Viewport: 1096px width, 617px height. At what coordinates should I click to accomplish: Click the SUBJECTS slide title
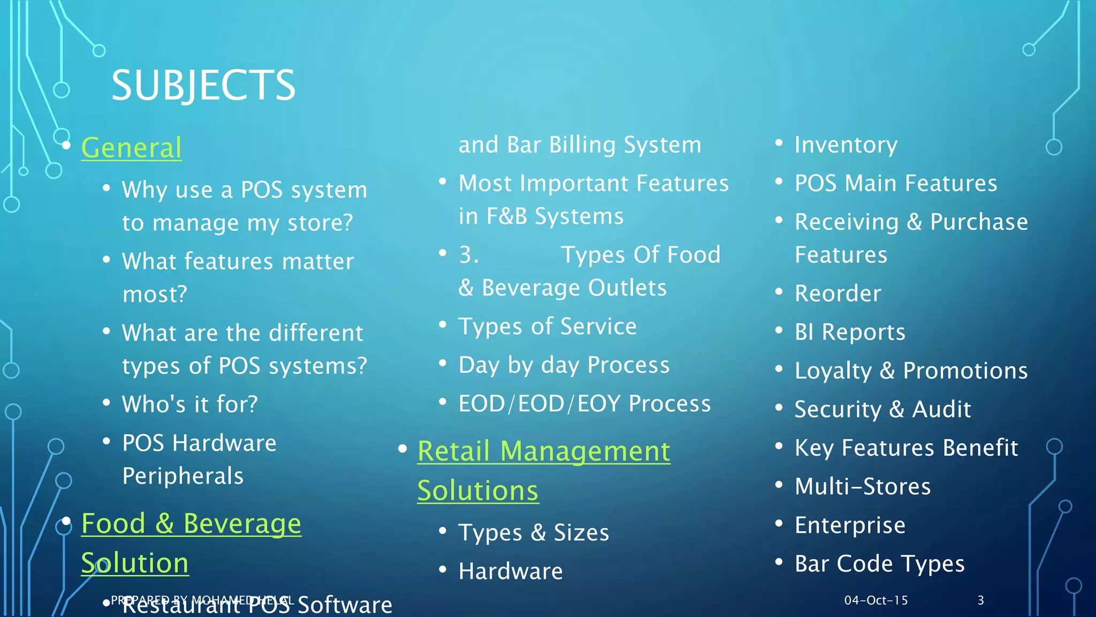point(203,86)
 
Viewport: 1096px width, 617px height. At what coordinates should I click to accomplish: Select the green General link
point(131,147)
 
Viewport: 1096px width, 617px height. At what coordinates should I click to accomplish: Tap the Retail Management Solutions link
point(543,451)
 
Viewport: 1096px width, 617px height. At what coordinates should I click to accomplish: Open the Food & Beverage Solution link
point(191,523)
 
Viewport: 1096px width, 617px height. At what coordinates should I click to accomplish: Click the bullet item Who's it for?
point(190,404)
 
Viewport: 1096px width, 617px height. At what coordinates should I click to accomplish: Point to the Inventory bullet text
point(846,145)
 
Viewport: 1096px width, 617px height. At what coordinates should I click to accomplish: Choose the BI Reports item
point(850,332)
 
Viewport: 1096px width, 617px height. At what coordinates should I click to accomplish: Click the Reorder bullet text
point(838,294)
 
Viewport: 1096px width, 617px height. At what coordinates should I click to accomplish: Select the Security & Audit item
point(882,409)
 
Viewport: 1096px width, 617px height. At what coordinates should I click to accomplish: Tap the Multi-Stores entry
point(863,486)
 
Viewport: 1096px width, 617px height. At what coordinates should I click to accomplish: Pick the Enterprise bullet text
point(850,525)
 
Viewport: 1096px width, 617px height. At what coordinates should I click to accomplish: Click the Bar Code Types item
point(879,563)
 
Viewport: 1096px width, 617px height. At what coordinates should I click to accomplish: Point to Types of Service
point(547,326)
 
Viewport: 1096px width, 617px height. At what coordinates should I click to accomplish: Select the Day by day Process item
point(564,365)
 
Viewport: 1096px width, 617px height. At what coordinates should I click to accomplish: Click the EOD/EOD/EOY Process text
point(584,403)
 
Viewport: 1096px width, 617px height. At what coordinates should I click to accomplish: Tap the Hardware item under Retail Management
point(511,571)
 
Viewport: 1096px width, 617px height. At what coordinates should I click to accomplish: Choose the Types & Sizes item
point(534,532)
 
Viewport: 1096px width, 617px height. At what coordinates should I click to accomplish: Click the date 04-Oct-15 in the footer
point(876,600)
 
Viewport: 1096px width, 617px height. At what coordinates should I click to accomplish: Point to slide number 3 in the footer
point(980,600)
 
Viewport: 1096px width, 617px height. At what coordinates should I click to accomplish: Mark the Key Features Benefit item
point(906,448)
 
